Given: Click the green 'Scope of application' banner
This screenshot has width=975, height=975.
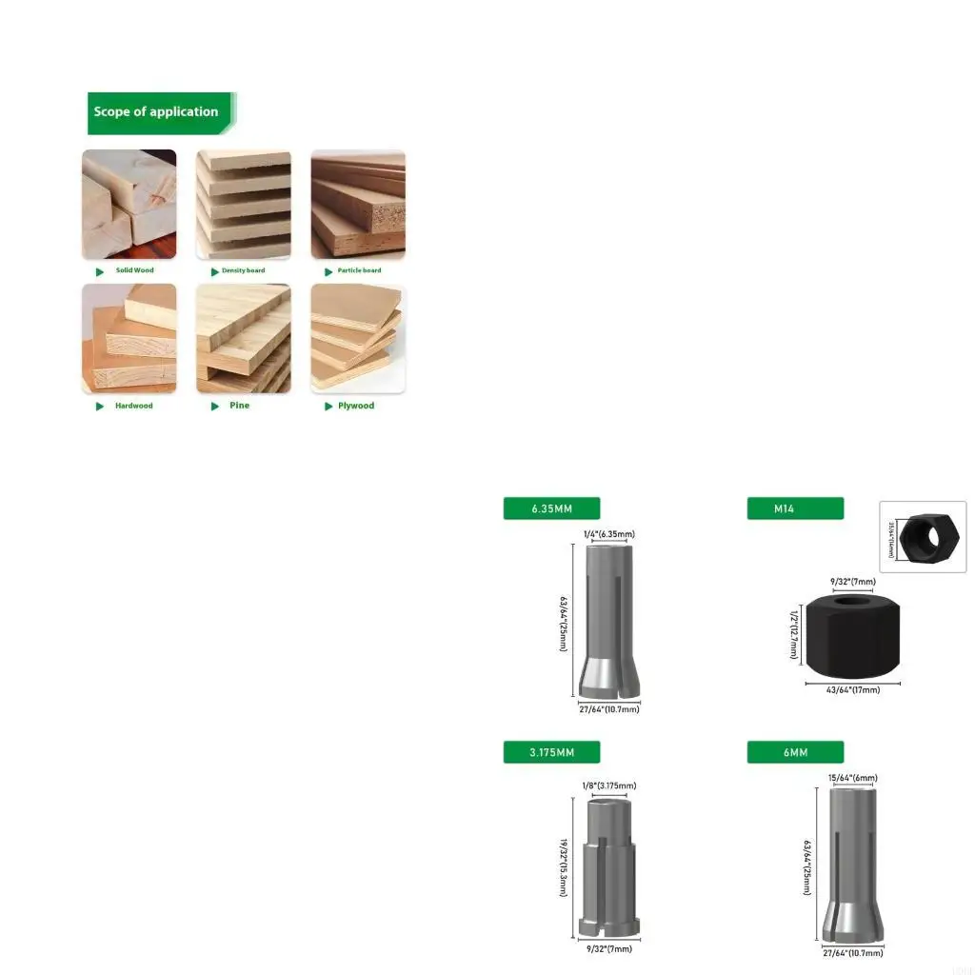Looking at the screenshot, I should (x=158, y=112).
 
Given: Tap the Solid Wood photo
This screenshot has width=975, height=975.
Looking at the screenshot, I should (x=129, y=204).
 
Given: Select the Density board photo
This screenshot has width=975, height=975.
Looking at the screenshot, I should (x=244, y=204).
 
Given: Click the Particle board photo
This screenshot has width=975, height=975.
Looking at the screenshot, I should (x=358, y=204).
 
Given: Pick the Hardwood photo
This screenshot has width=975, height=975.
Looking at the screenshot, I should (x=129, y=339).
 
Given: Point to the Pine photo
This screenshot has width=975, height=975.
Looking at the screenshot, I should (x=244, y=339).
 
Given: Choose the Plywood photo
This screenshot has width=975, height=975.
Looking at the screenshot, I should (x=358, y=339).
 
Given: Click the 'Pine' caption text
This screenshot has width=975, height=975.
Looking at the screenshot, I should (x=240, y=406).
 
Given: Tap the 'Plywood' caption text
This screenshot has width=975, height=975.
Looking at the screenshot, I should (x=356, y=406).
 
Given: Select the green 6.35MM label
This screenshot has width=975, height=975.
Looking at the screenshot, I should (x=551, y=508).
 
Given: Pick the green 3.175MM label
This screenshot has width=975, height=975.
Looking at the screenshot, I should (x=551, y=752).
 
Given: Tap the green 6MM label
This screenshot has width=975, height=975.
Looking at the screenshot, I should (x=795, y=752).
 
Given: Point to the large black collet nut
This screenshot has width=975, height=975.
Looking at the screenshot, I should (x=853, y=632).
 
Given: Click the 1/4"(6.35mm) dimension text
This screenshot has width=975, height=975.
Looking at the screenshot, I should (x=608, y=534).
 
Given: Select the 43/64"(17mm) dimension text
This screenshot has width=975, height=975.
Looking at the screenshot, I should (x=852, y=689).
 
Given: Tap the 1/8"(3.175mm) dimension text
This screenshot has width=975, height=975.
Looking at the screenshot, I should (x=608, y=786).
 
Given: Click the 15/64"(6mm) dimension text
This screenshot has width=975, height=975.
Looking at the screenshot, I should (x=852, y=778).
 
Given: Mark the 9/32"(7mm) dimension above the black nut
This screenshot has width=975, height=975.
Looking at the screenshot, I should (x=852, y=581).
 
